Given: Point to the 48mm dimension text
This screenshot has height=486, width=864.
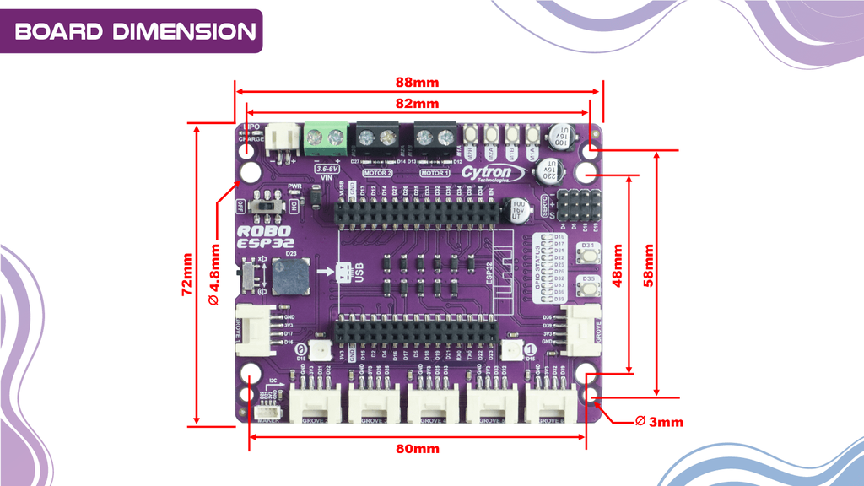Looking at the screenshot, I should (618, 266).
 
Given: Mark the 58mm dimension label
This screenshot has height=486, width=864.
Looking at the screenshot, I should (649, 266).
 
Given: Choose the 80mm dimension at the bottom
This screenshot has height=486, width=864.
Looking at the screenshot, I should (418, 449).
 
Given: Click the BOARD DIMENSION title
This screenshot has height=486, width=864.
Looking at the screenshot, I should (135, 31).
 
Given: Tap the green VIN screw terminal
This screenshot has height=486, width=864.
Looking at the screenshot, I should (327, 135).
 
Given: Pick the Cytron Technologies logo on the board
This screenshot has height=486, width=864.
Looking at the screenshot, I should (487, 173).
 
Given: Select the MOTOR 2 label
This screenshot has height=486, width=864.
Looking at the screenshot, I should (377, 173).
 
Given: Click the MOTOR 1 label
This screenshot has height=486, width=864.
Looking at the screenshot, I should (434, 173).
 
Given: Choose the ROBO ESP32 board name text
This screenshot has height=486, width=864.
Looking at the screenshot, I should (264, 235).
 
